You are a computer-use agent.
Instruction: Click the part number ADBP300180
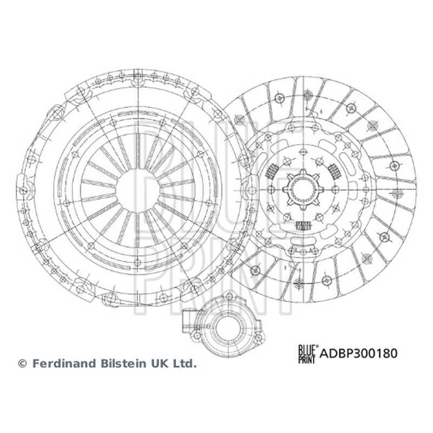[358, 353]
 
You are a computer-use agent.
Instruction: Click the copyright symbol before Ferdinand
[22, 363]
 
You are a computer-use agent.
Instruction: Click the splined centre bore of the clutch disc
[303, 190]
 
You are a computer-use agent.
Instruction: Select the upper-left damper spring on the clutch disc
[271, 171]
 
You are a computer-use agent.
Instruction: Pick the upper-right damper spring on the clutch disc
[334, 171]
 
